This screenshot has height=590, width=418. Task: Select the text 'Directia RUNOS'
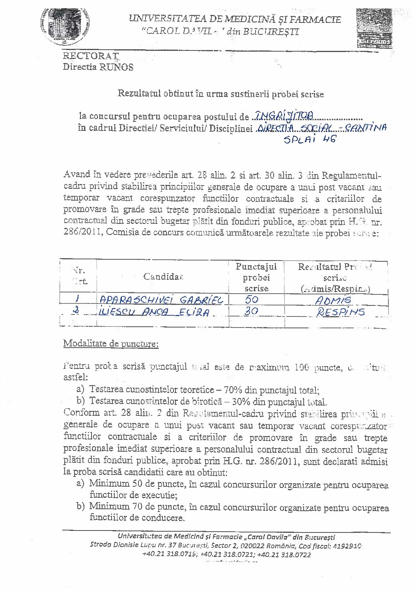98,67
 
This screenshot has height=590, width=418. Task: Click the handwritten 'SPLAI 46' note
310,140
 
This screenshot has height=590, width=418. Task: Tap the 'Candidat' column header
164,277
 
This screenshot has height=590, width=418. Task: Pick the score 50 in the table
252,300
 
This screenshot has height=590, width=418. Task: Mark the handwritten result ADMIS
333,300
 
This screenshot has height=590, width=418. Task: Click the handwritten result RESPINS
340,313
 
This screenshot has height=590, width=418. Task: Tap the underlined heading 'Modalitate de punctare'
111,344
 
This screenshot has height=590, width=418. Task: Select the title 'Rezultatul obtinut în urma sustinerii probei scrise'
221,94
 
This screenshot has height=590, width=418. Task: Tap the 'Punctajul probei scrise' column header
256,277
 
